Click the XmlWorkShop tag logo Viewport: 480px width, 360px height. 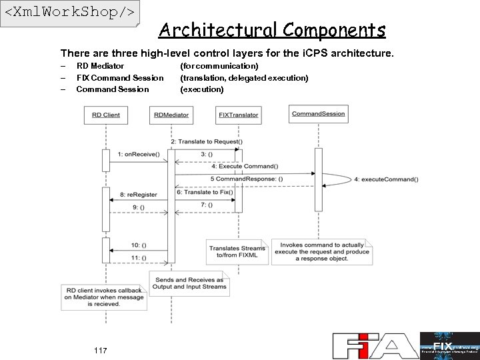(x=69, y=13)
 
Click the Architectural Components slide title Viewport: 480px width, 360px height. (x=272, y=30)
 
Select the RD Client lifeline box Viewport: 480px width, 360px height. (x=105, y=115)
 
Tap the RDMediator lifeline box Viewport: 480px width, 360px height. (x=171, y=115)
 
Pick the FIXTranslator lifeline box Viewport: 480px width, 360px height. (x=238, y=115)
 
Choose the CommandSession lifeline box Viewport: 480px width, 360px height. (x=318, y=114)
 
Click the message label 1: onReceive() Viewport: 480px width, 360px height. (x=138, y=154)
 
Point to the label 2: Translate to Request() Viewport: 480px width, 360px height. (x=207, y=141)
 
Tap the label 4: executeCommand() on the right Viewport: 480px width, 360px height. (x=386, y=179)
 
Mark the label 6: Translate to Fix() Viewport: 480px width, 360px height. (x=205, y=192)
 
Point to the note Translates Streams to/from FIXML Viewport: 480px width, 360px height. (x=236, y=251)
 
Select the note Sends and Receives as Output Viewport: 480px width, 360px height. (x=189, y=283)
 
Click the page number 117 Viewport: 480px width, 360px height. (x=101, y=351)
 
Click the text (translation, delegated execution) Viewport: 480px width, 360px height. (x=244, y=78)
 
